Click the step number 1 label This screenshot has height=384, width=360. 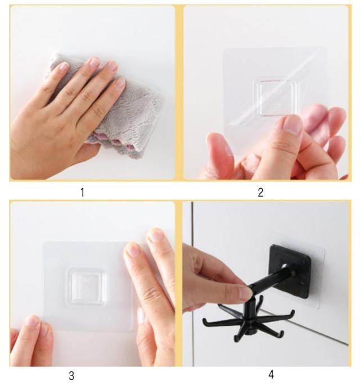83,192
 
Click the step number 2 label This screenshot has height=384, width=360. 260,193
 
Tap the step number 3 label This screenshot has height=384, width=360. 71,376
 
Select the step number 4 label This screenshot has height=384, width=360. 271,374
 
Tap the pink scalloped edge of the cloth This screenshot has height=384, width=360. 118,145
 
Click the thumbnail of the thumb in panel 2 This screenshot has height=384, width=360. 292,125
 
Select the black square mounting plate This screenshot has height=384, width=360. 290,272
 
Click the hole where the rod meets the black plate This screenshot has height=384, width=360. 285,266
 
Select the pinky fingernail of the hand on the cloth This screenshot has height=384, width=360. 120,83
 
